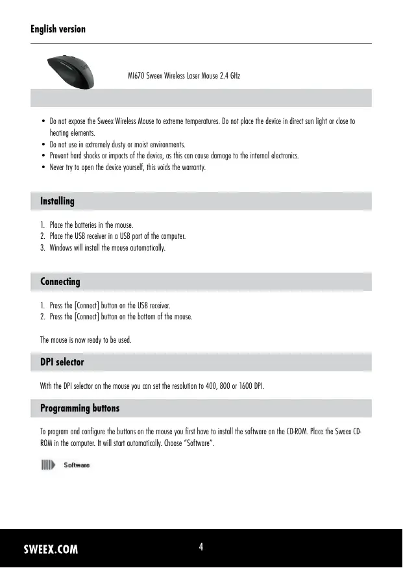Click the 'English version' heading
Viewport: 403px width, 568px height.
58,29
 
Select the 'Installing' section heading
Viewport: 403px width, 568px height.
57,201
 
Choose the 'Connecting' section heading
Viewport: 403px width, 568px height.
60,282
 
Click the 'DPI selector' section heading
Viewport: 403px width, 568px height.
62,362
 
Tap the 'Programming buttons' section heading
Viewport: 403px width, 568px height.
80,408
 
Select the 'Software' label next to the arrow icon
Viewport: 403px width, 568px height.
77,465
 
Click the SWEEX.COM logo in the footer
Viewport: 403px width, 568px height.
51,549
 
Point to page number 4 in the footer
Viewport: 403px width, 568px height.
201,547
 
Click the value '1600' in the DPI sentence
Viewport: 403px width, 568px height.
244,387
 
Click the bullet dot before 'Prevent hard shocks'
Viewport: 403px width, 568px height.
43,156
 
